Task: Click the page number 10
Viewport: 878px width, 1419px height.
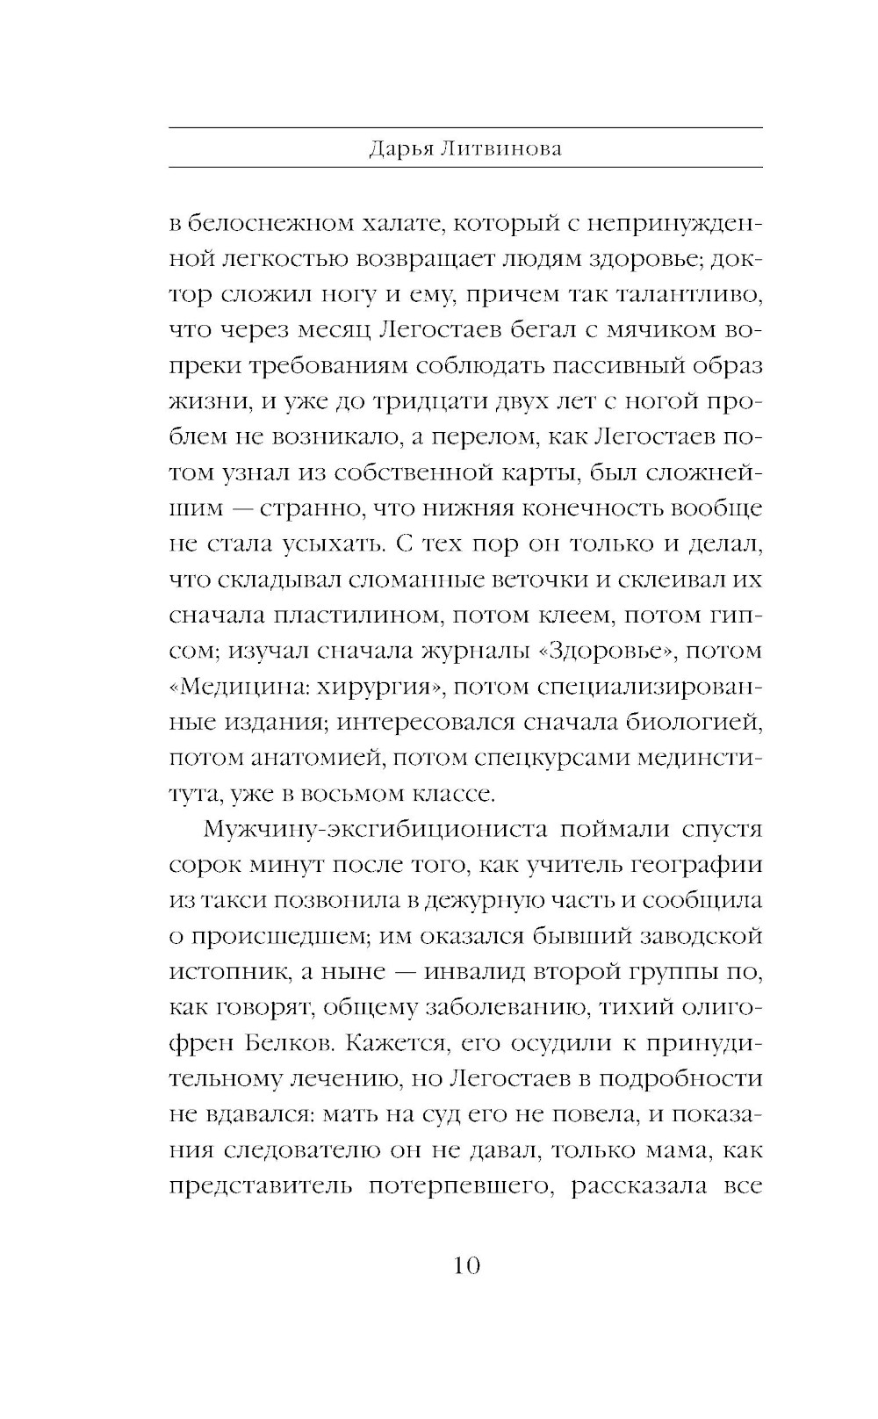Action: pyautogui.click(x=465, y=1265)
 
